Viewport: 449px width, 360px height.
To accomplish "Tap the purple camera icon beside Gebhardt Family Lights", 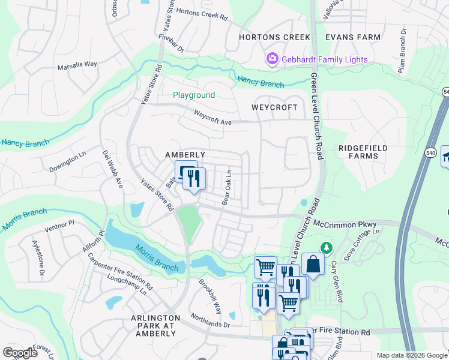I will [x=272, y=59].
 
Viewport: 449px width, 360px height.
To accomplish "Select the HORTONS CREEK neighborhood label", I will [x=274, y=37].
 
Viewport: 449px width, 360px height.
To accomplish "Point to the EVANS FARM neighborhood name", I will [x=353, y=37].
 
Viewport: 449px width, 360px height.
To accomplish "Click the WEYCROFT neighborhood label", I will [x=274, y=107].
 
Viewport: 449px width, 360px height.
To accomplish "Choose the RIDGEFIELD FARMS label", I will [x=363, y=152].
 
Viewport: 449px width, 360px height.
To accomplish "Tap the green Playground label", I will [x=194, y=95].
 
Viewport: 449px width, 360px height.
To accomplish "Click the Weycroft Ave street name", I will [x=212, y=118].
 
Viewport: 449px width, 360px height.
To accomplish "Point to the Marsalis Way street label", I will [x=77, y=64].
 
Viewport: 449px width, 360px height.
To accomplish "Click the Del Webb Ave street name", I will [x=112, y=170].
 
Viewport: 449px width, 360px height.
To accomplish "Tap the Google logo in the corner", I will [x=20, y=353].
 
